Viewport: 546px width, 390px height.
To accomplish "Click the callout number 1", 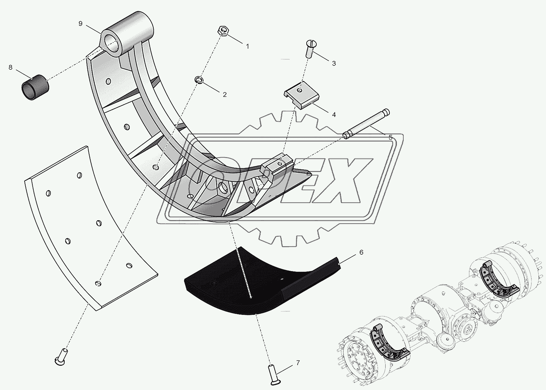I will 247,46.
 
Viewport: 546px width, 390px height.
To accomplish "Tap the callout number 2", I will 224,95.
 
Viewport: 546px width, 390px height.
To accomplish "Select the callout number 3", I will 333,63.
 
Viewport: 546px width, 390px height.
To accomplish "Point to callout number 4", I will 333,114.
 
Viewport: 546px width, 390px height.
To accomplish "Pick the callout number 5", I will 390,137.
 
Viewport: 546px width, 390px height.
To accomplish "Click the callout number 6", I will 361,252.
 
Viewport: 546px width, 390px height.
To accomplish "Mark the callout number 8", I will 10,67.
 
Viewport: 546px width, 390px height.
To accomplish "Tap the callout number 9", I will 80,23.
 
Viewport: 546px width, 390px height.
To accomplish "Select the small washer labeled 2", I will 199,80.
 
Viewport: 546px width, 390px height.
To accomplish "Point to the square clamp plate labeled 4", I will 302,97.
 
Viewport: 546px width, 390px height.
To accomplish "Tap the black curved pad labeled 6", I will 259,285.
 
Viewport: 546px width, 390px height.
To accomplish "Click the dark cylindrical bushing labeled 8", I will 35,87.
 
